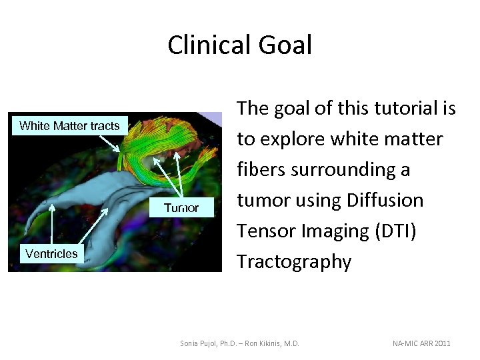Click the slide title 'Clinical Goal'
point(239,45)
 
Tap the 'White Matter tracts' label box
point(69,125)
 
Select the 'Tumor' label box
point(181,208)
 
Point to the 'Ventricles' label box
point(51,253)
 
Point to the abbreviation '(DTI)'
point(396,231)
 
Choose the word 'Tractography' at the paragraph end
point(294,261)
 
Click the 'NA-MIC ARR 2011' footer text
point(421,343)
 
